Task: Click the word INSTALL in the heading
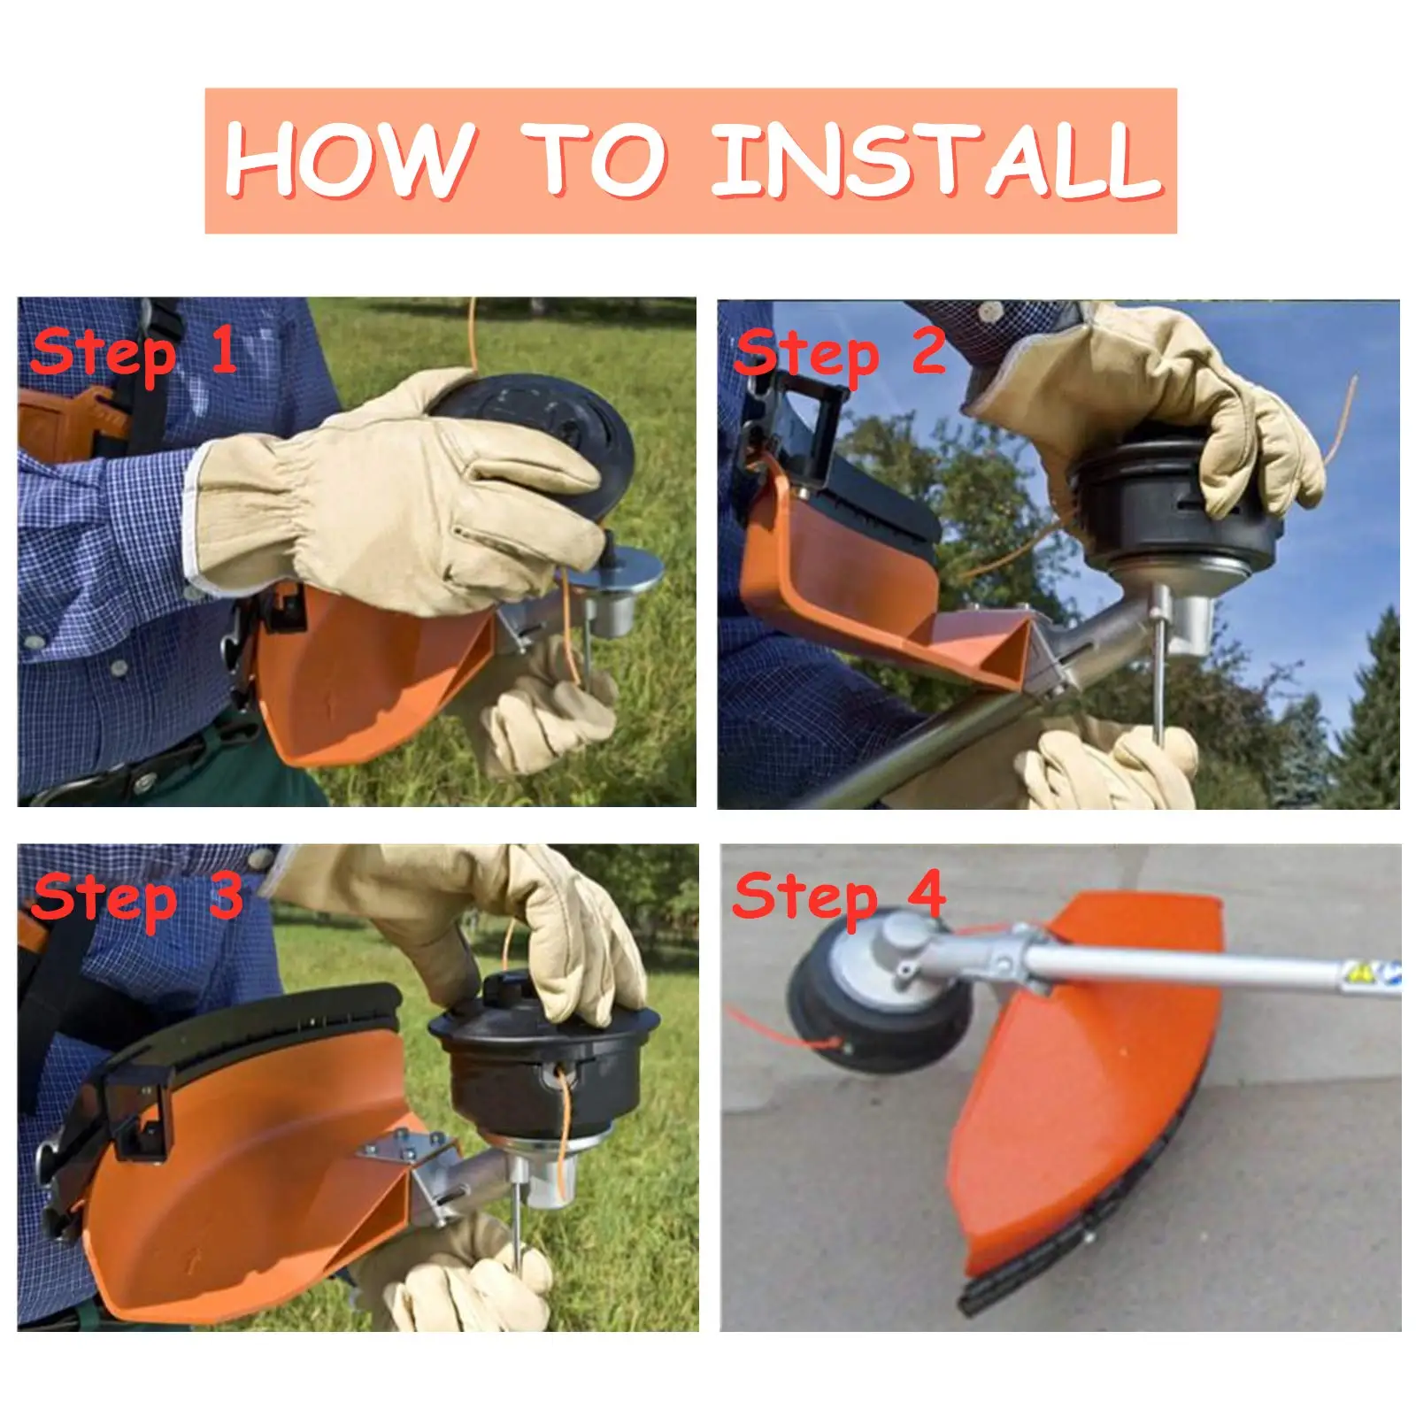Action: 936,160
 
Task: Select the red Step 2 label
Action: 841,353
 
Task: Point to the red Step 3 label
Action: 137,897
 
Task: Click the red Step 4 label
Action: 839,896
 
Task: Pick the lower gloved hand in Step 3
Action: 460,1274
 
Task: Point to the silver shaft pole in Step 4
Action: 1195,965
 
